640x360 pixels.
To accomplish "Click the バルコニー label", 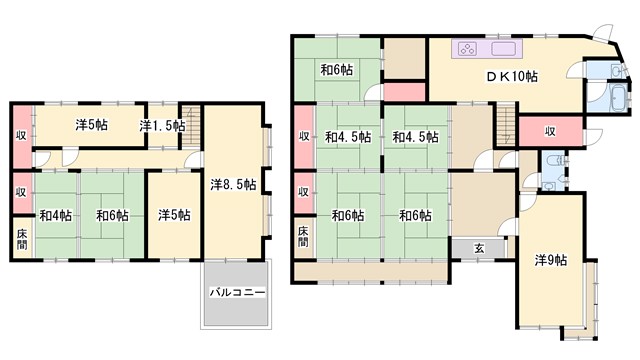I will tap(237, 293).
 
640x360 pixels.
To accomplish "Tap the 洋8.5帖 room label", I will tap(233, 185).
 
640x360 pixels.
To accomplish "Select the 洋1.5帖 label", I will tap(161, 125).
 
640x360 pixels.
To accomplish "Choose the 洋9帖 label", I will tap(550, 260).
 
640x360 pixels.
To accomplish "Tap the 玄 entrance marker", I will tap(479, 248).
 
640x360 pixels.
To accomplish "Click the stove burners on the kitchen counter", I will tap(468, 49).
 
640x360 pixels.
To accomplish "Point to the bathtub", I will tap(617, 100).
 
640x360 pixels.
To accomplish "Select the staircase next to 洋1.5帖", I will tap(194, 128).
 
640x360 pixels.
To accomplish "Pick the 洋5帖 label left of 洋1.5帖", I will tap(91, 125).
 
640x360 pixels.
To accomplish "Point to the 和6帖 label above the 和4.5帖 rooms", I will tap(336, 70).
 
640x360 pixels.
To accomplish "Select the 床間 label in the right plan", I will tap(303, 238).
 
